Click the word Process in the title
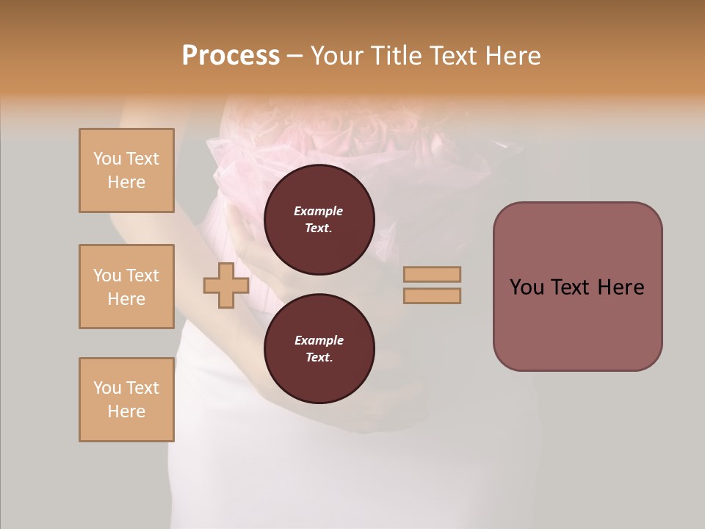pyautogui.click(x=231, y=56)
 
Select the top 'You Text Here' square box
pyautogui.click(x=126, y=170)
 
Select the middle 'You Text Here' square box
pyautogui.click(x=126, y=287)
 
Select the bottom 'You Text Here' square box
pyautogui.click(x=126, y=400)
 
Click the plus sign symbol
pyautogui.click(x=225, y=285)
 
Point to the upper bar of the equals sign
pyautogui.click(x=432, y=274)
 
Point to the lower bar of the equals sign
pyautogui.click(x=432, y=295)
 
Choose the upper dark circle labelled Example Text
pyautogui.click(x=319, y=220)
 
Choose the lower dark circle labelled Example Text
pyautogui.click(x=319, y=348)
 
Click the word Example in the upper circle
pyautogui.click(x=319, y=211)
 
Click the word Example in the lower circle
pyautogui.click(x=319, y=340)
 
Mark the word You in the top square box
pyautogui.click(x=107, y=159)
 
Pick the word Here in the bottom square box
pyautogui.click(x=126, y=411)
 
